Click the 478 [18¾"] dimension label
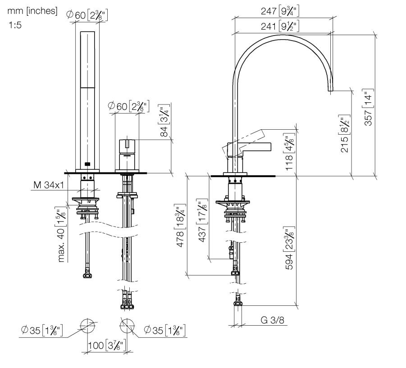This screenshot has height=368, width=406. pos(180,226)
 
